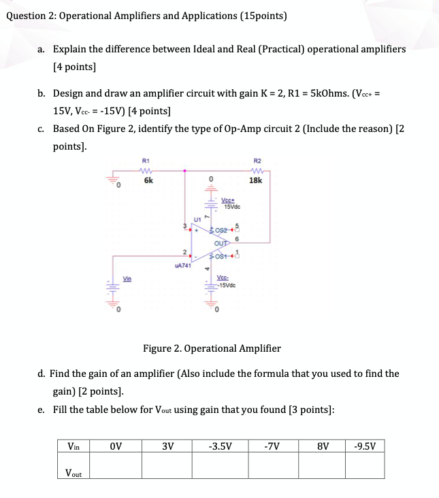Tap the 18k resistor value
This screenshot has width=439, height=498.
[257, 181]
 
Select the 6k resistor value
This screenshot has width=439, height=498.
[148, 181]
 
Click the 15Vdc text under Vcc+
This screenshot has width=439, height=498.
[234, 207]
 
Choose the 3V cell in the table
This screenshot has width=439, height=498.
[167, 447]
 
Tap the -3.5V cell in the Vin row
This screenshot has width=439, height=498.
[220, 447]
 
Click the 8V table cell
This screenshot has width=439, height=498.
[323, 447]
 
